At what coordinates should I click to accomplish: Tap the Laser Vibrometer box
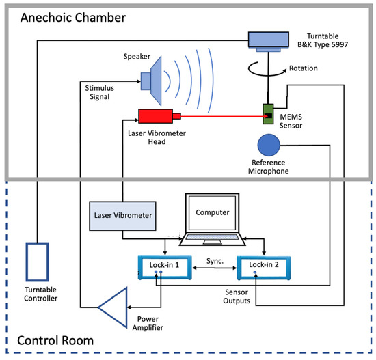pyautogui.click(x=122, y=217)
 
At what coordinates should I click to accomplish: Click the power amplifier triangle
pyautogui.click(x=115, y=307)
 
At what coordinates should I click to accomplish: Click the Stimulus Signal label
pyautogui.click(x=103, y=92)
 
